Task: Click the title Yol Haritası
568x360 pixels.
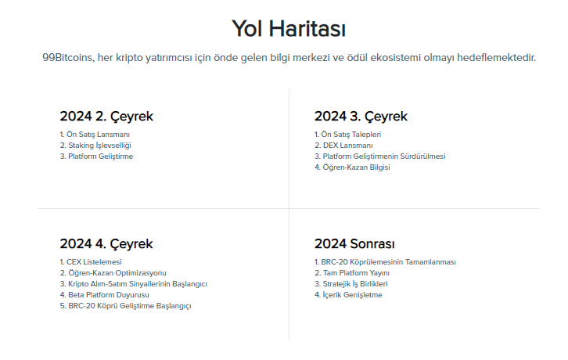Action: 289,29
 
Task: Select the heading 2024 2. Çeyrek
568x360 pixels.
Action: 106,117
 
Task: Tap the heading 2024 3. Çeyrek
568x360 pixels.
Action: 361,117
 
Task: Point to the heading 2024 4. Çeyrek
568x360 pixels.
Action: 106,243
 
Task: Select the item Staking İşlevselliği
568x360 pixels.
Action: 98,145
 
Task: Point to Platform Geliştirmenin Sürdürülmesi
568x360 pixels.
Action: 382,157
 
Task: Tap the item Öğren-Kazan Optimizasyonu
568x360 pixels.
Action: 115,272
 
